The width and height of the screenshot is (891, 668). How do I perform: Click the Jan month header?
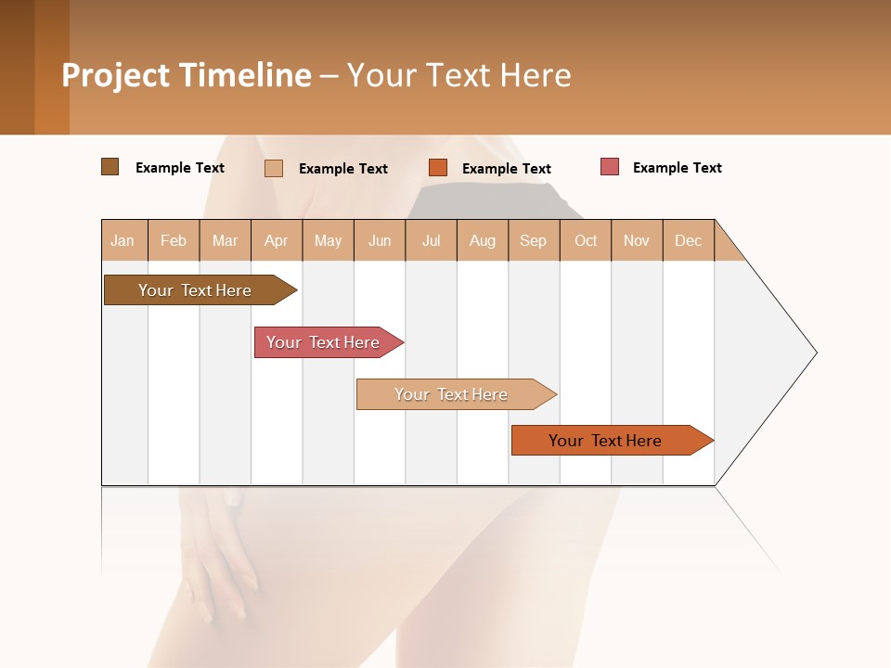123,240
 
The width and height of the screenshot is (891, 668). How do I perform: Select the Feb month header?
174,240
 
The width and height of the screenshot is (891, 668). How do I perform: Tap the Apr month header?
277,240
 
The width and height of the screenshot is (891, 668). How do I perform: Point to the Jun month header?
380,240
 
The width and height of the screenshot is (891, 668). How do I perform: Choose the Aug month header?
483,240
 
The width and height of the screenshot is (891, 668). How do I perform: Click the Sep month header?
534,240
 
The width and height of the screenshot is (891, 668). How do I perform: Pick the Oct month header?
586,240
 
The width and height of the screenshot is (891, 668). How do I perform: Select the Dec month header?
689,240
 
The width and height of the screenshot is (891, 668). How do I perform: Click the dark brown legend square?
110,167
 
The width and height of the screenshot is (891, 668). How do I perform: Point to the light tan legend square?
274,168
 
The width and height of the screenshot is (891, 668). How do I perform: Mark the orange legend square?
438,168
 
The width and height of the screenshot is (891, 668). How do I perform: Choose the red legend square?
610,167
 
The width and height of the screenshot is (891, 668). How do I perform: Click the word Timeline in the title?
245,75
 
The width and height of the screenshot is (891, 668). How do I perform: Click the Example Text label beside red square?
678,168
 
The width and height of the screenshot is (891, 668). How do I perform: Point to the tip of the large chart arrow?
814,353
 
